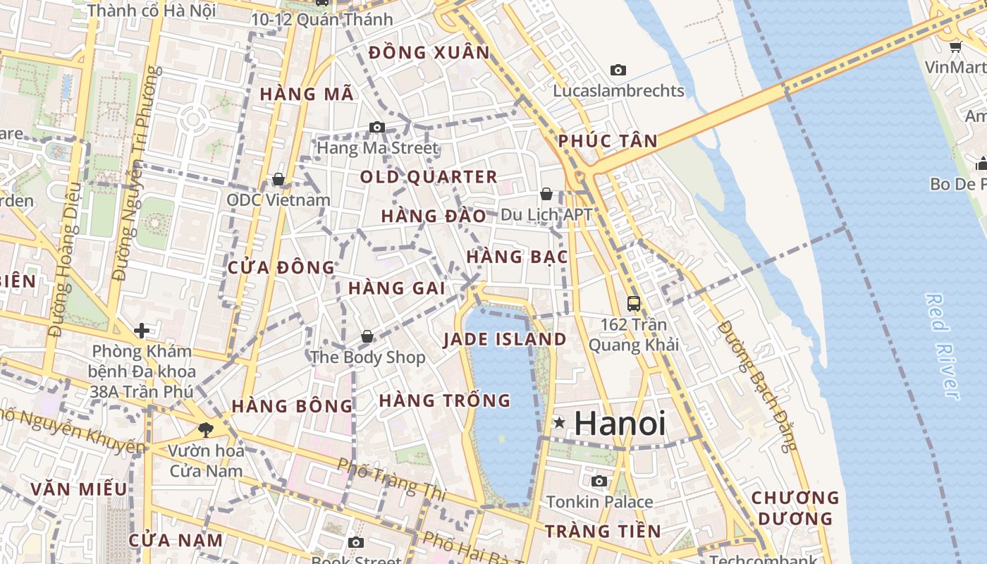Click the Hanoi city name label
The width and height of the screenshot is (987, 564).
pyautogui.click(x=620, y=423)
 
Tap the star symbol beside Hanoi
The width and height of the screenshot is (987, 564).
pyautogui.click(x=559, y=423)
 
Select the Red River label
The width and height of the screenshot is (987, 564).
pyautogui.click(x=943, y=345)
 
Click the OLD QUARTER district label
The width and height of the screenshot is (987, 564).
pyautogui.click(x=429, y=177)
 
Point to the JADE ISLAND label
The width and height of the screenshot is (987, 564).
pyautogui.click(x=505, y=340)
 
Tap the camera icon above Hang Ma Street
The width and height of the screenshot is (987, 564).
pyautogui.click(x=377, y=128)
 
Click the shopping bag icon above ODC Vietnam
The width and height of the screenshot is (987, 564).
pyautogui.click(x=278, y=180)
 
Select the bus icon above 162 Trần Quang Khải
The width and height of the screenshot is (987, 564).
pyautogui.click(x=634, y=304)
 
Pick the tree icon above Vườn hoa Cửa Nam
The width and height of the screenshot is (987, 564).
pyautogui.click(x=205, y=429)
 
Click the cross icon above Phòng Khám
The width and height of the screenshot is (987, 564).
pyautogui.click(x=142, y=330)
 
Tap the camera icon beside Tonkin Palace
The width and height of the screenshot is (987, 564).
pyautogui.click(x=599, y=482)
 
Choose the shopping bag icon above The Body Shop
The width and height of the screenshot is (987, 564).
pyautogui.click(x=367, y=337)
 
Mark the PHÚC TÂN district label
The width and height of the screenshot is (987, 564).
pyautogui.click(x=608, y=141)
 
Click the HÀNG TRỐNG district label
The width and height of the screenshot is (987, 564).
pyautogui.click(x=445, y=401)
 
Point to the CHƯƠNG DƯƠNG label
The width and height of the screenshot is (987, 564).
pyautogui.click(x=795, y=508)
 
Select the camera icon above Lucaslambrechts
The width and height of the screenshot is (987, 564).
pyautogui.click(x=618, y=70)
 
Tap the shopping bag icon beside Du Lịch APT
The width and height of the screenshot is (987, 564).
pyautogui.click(x=546, y=194)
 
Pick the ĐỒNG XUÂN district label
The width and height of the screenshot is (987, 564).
pyautogui.click(x=429, y=53)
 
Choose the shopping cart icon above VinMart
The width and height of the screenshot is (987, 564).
pyautogui.click(x=956, y=47)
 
